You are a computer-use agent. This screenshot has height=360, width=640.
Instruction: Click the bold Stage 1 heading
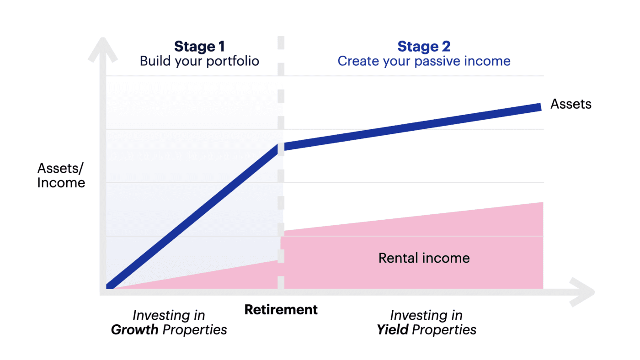(199, 47)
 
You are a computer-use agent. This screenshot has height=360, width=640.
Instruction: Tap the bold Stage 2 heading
(424, 47)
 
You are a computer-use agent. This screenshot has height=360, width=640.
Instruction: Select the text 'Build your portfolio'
(199, 61)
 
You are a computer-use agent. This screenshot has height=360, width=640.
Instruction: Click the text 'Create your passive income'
(424, 61)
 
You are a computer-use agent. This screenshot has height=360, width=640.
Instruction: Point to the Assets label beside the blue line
(571, 104)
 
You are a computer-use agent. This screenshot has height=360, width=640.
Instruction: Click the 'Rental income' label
(424, 258)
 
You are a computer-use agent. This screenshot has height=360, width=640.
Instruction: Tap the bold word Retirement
(281, 309)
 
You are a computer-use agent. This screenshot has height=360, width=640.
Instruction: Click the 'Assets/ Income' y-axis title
(61, 175)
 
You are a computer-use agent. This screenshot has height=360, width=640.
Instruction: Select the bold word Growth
(135, 329)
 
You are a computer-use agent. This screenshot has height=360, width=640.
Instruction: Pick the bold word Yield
(392, 329)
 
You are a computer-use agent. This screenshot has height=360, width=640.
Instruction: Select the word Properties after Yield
(444, 329)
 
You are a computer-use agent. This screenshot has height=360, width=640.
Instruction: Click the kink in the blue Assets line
(280, 148)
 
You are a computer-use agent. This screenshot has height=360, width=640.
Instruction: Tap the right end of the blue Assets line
(539, 107)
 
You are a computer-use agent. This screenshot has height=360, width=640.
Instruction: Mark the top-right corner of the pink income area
(542, 203)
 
